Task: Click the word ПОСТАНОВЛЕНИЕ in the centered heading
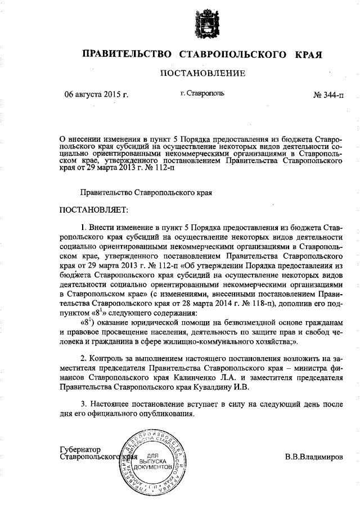click(203, 73)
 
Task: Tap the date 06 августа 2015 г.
click(97, 94)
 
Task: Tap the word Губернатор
click(79, 449)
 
